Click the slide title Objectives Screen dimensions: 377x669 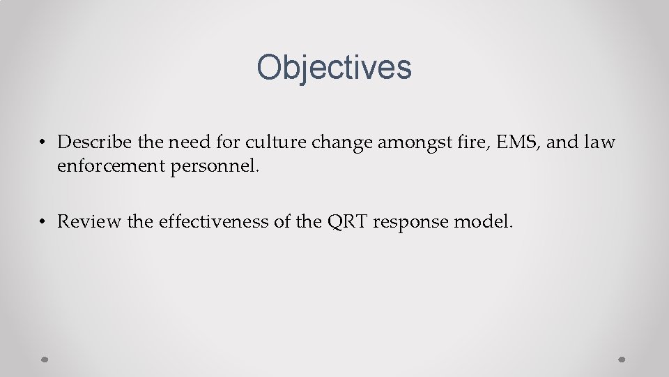coord(334,68)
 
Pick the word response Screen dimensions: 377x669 coord(412,222)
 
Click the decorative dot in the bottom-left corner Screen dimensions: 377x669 coord(44,360)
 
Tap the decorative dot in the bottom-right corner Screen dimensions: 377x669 coord(622,360)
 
